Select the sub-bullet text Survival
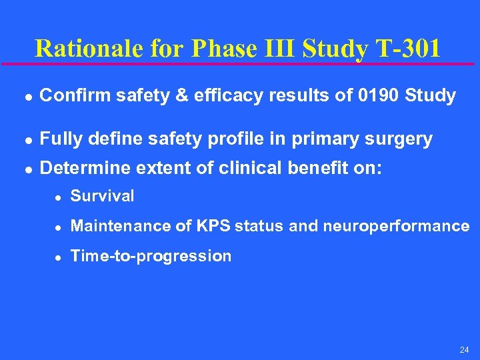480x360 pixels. pos(102,196)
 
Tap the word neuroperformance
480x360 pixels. pos(396,226)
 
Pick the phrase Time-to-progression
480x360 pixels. pos(151,256)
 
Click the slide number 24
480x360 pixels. pos(464,350)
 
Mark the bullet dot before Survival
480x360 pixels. pos(58,197)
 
